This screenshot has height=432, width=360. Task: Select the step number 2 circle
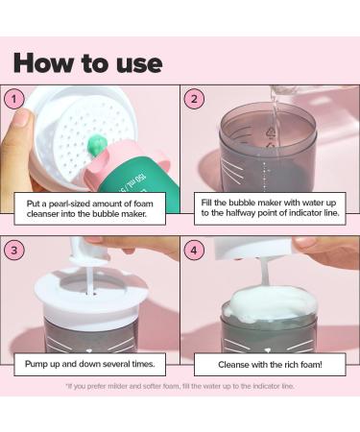(x=194, y=99)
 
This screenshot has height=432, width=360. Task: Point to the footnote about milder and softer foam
(x=180, y=386)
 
